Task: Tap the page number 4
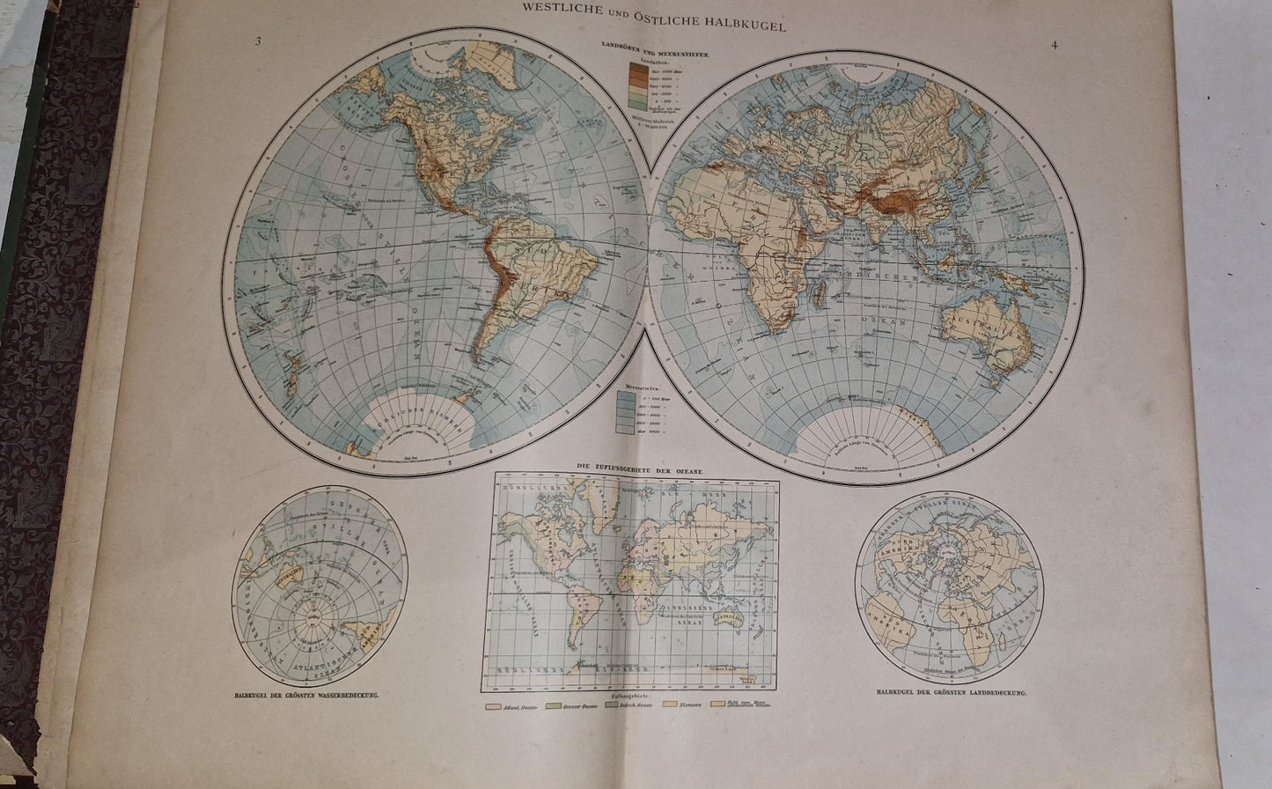(x=1054, y=45)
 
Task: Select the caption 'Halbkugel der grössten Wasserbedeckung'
(x=302, y=697)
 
